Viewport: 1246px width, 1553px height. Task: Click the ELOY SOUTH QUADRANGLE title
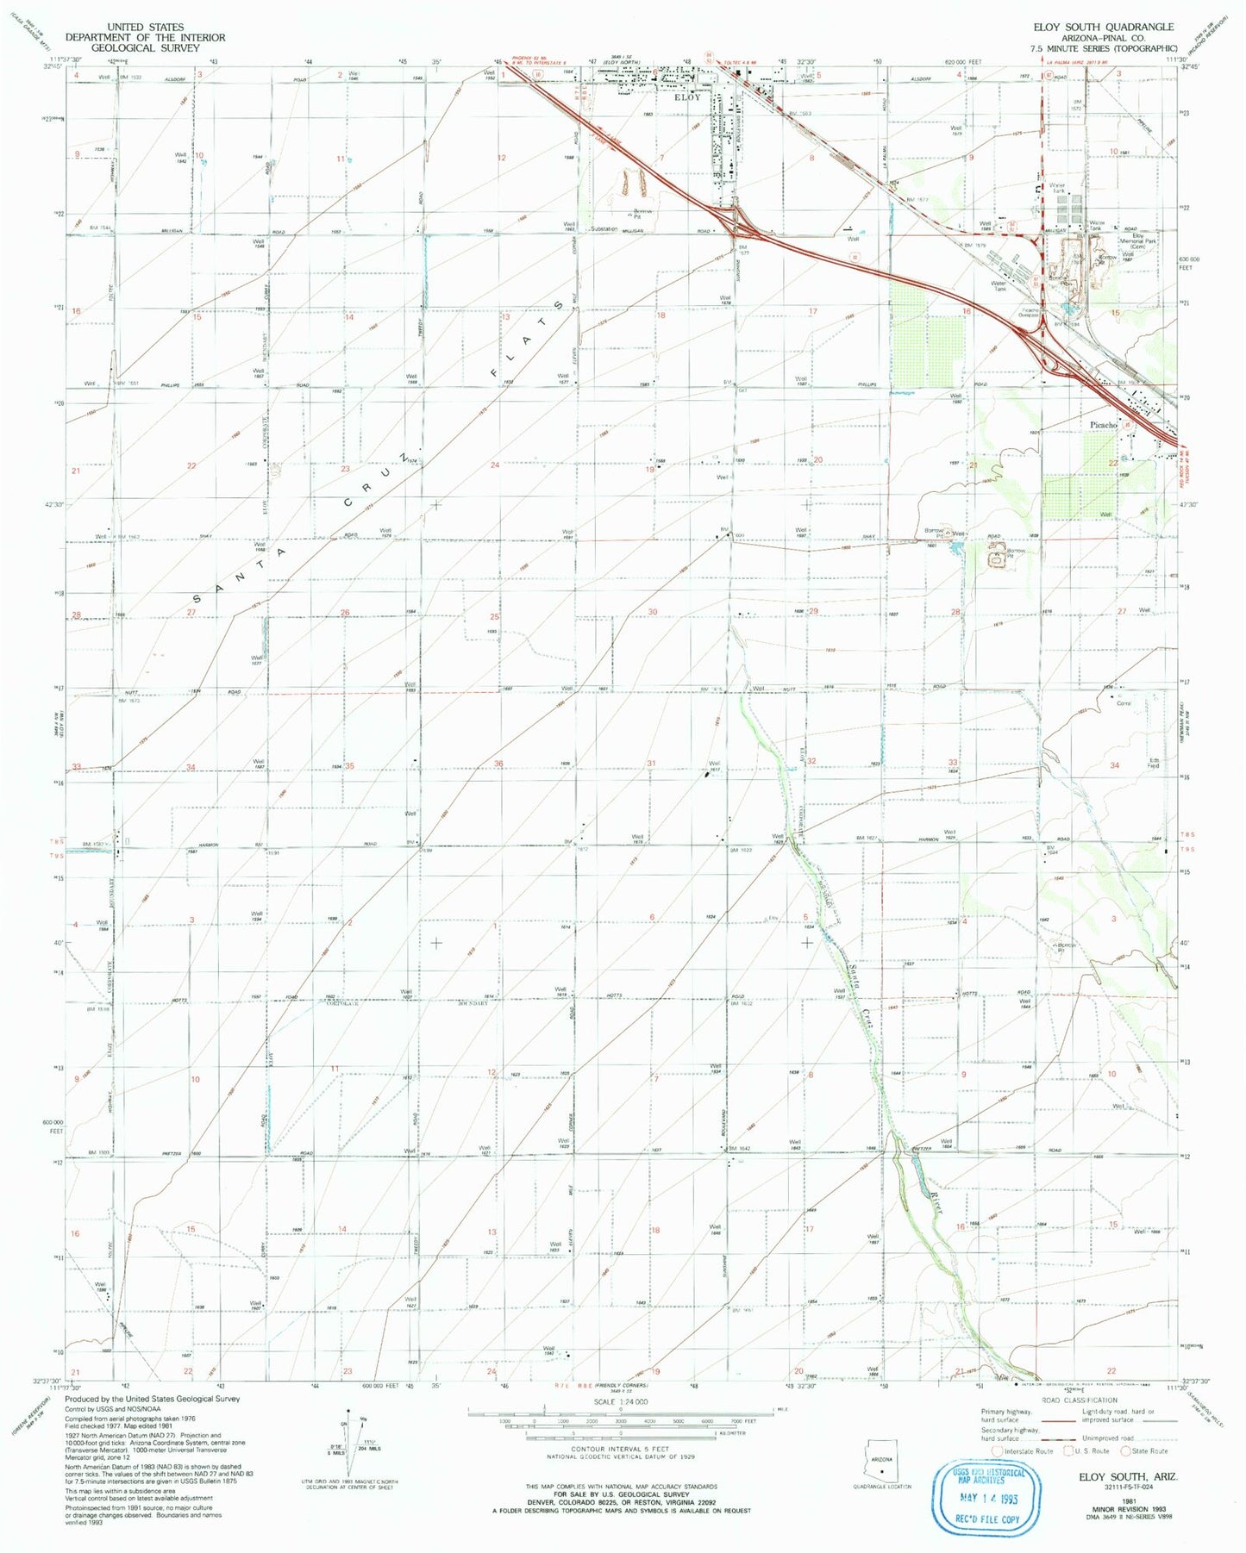pyautogui.click(x=1103, y=28)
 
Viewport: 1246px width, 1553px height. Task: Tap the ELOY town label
pyautogui.click(x=687, y=97)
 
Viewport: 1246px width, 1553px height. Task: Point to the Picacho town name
pyautogui.click(x=1103, y=425)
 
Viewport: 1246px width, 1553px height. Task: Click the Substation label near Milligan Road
pyautogui.click(x=604, y=229)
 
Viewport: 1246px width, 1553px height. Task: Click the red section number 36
pyautogui.click(x=498, y=764)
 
